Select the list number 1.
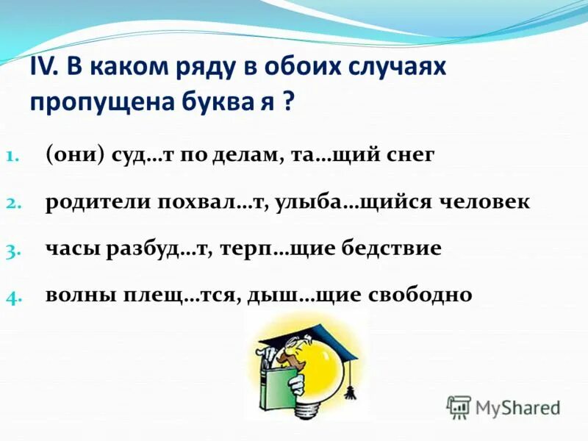(15, 157)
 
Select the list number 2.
(16, 204)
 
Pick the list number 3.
(16, 251)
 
